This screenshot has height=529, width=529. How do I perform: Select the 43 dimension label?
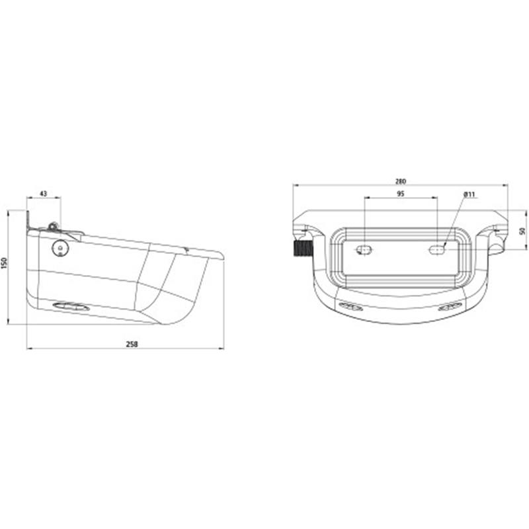tap(43, 193)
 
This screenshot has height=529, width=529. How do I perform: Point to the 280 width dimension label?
tap(401, 181)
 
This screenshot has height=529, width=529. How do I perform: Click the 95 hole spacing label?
tap(401, 194)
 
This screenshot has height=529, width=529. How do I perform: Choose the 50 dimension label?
tap(522, 231)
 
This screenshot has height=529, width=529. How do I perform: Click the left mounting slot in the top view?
tap(364, 249)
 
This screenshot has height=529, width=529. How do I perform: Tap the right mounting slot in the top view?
tap(438, 249)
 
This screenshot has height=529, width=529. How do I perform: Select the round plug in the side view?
tap(61, 247)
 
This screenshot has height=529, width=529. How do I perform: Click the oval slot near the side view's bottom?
tap(69, 305)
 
